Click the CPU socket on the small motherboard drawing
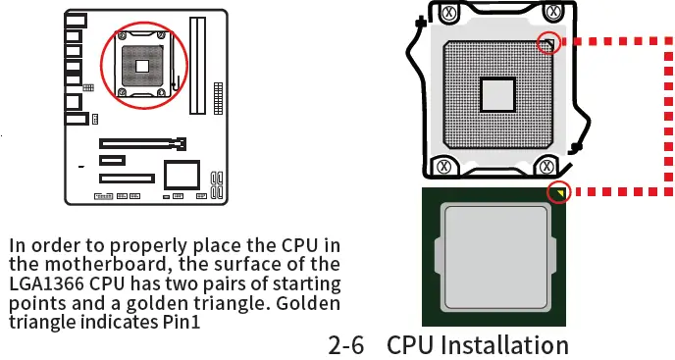pyautogui.click(x=142, y=66)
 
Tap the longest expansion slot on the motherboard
pyautogui.click(x=143, y=144)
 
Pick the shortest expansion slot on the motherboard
pyautogui.click(x=112, y=160)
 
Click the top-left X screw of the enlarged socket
pyautogui.click(x=447, y=14)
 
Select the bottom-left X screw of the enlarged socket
pyautogui.click(x=443, y=167)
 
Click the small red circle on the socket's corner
pyautogui.click(x=549, y=42)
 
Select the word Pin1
pyautogui.click(x=180, y=321)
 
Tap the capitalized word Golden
pyautogui.click(x=308, y=302)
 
